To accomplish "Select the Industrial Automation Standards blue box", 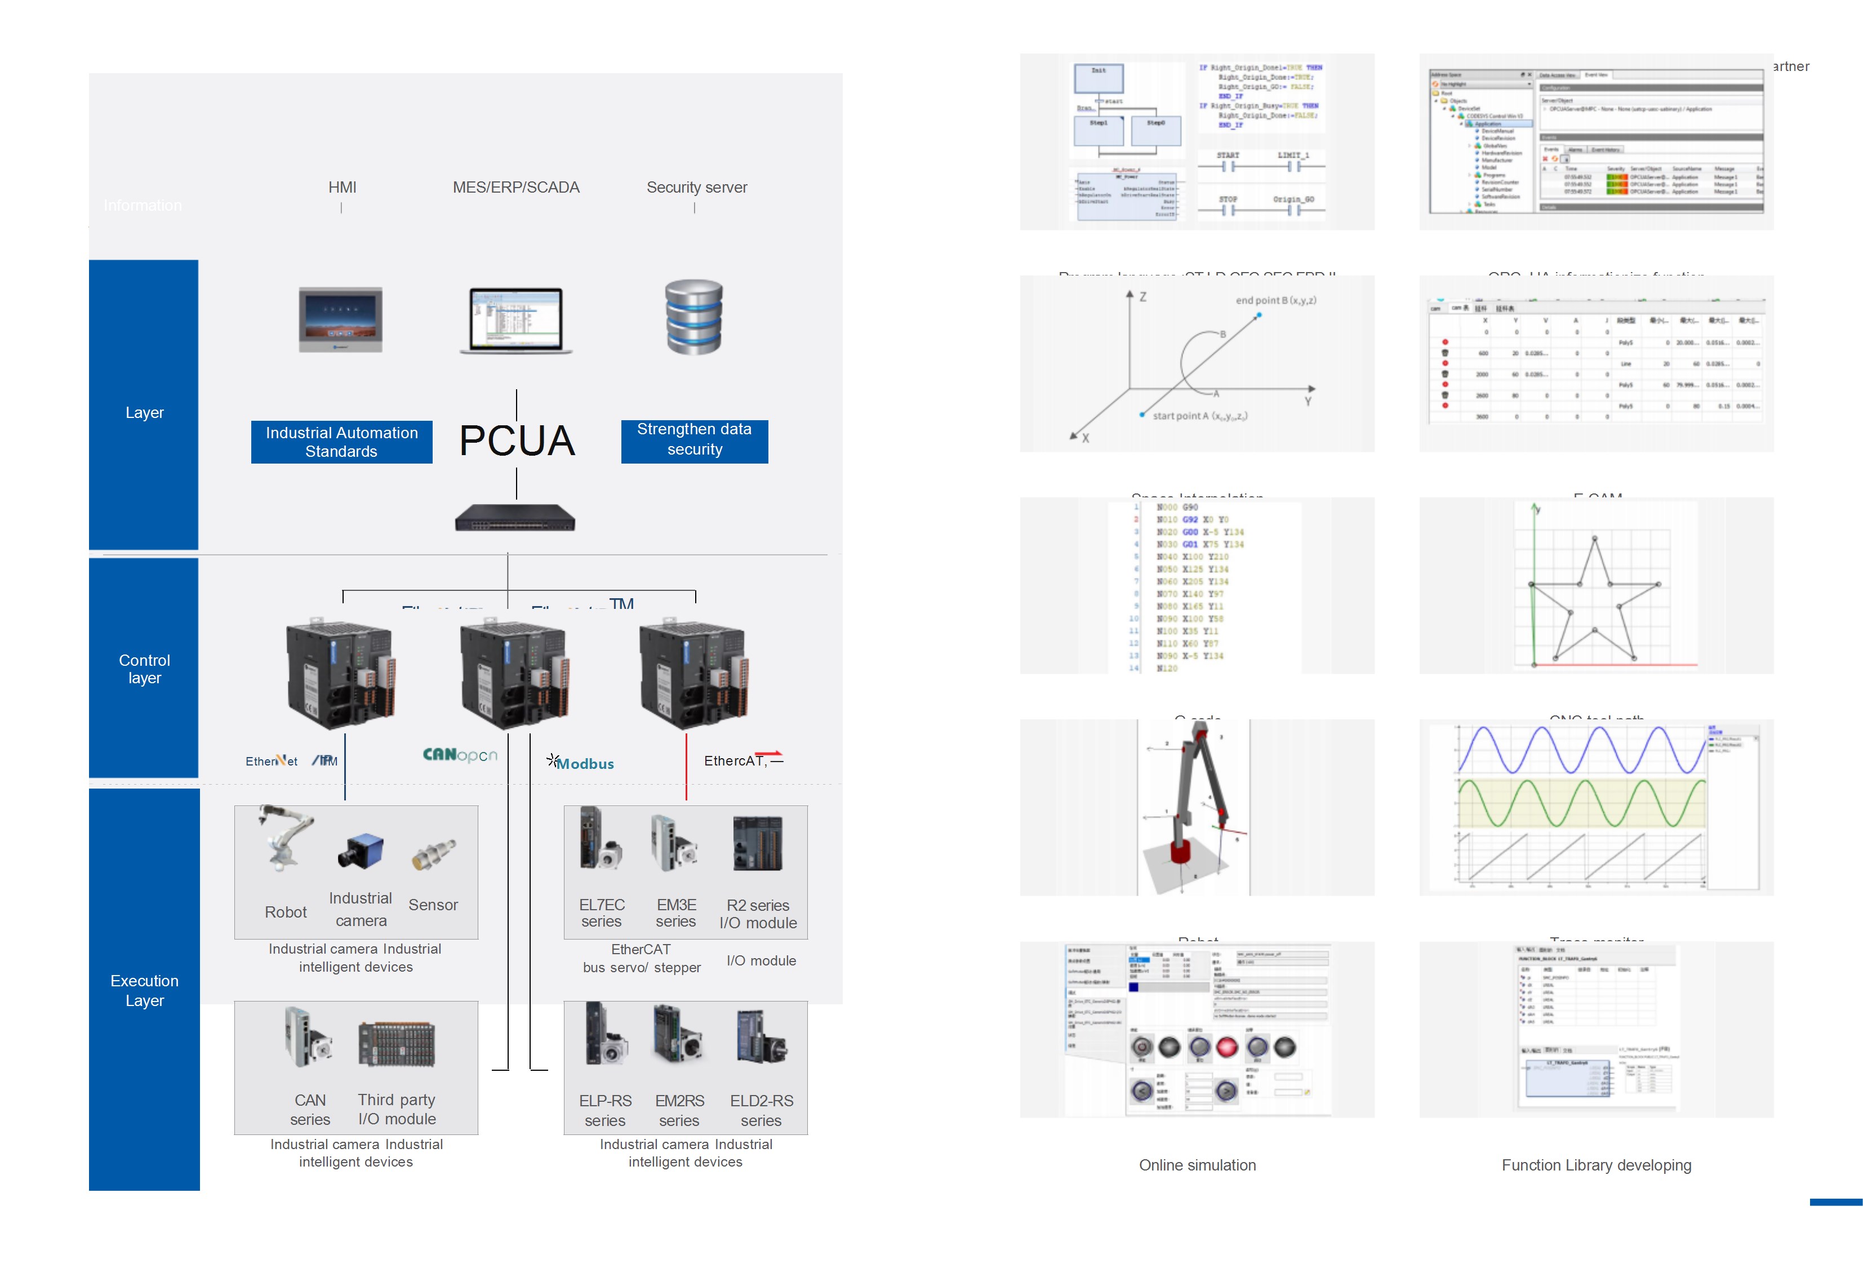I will [341, 442].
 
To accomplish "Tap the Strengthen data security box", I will [694, 440].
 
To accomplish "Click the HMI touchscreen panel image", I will [341, 319].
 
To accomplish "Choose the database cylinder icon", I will [694, 317].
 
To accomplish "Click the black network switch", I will [515, 519].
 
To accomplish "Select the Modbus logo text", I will [585, 764].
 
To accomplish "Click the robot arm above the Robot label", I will [284, 838].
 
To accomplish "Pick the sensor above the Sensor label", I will [434, 854].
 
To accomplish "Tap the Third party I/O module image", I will [397, 1044].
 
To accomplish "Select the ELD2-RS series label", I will [761, 1110].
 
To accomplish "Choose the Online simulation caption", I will [1197, 1165].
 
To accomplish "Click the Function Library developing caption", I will [1596, 1165].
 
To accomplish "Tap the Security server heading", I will [697, 188].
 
